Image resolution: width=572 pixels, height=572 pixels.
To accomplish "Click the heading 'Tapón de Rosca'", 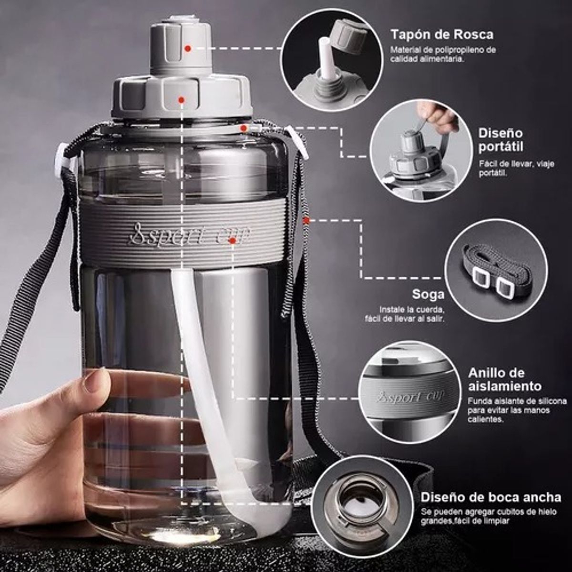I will pos(442,34).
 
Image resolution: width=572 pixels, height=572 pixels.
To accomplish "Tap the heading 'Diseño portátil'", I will pos(500,140).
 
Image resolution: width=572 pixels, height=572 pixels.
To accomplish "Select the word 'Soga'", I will pos(428,294).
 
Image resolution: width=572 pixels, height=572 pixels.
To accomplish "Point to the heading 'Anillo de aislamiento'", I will pos(504,379).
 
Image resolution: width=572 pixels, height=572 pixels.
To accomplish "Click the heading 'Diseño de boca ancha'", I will pos(490,498).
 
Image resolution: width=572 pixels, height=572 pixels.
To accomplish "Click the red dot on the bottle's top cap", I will pos(188,48).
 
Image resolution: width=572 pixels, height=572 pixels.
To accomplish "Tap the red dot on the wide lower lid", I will pos(181,100).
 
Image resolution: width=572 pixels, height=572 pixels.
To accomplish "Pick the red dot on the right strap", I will pos(306,220).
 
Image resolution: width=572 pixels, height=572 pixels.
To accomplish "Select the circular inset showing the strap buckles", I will pos(496,270).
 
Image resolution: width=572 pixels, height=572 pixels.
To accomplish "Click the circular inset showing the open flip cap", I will pos(332,61).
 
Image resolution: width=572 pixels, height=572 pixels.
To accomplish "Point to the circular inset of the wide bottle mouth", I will pos(362,505).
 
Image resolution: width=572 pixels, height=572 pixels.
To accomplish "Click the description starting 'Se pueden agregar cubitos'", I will pos(481,516).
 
